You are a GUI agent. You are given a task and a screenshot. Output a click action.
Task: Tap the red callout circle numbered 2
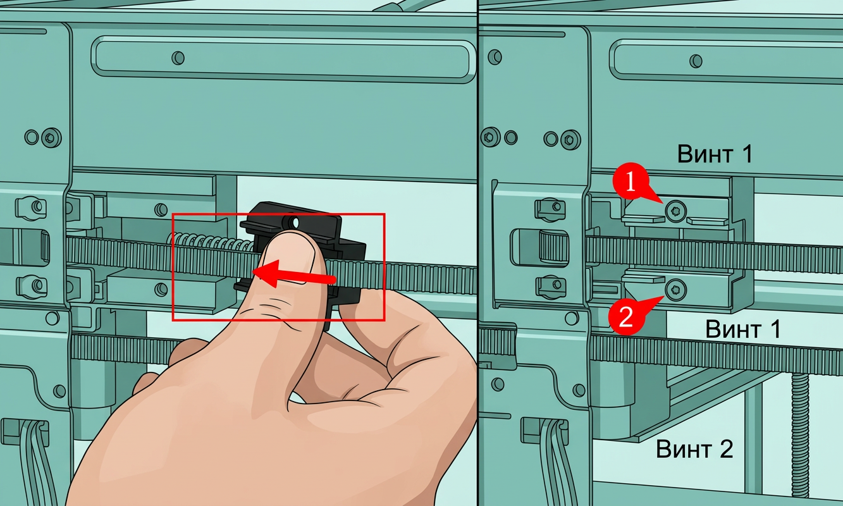click(x=625, y=317)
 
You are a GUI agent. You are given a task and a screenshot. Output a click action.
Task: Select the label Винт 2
click(x=695, y=449)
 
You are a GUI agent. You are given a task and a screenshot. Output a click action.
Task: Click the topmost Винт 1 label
click(x=715, y=154)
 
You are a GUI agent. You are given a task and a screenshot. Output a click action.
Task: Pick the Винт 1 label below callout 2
click(x=742, y=329)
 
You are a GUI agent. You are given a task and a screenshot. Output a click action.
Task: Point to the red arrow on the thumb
click(x=293, y=275)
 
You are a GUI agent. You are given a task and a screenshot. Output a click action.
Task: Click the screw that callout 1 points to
click(x=675, y=211)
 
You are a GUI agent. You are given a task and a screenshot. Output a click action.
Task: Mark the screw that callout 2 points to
click(x=676, y=290)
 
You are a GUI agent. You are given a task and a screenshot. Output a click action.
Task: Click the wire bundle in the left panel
click(x=34, y=463)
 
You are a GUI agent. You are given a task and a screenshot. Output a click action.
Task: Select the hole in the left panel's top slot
click(x=178, y=58)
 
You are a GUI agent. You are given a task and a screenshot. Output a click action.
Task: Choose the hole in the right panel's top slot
click(x=696, y=61)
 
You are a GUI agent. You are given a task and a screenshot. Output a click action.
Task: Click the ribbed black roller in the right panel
click(x=553, y=247)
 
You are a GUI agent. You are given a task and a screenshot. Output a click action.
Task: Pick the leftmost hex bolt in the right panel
click(x=490, y=137)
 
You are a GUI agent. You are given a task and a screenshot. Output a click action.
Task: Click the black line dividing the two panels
click(x=477, y=253)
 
